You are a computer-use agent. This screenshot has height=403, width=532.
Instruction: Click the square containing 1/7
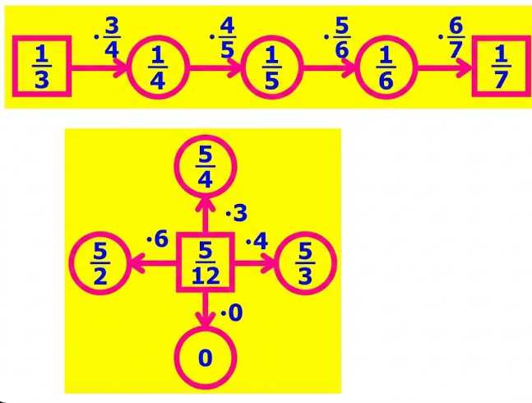(502, 67)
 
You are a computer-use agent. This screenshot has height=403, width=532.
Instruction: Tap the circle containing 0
(206, 359)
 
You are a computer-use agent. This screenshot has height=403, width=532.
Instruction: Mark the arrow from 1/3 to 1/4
(99, 68)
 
